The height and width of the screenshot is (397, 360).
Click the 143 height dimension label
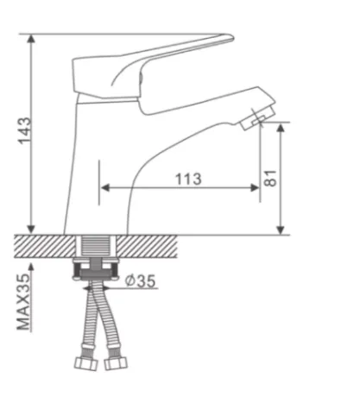24,130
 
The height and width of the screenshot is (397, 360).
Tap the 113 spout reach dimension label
188,179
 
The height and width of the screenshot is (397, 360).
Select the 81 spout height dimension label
270,179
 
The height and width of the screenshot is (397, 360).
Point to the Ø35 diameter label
141,280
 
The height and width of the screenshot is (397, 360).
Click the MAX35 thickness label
23,302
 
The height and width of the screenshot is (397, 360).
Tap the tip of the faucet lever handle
232,38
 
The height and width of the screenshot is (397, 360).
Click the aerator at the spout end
257,118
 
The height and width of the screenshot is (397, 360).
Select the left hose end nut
85,363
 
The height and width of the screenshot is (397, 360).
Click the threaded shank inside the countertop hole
96,246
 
